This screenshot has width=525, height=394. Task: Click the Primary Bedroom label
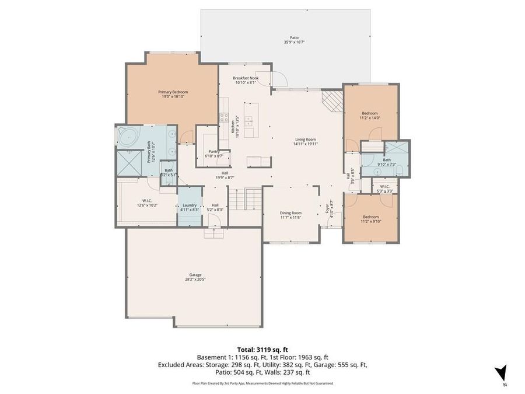point(173,92)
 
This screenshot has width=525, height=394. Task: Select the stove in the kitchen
point(223,118)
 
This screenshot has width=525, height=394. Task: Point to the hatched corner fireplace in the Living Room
point(333,100)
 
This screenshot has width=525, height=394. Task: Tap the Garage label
point(195,275)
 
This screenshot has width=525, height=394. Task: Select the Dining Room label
point(290,213)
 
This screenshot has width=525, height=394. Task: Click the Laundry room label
point(189,205)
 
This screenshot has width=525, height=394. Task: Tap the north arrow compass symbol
point(500,374)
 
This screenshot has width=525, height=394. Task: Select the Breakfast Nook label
point(245,78)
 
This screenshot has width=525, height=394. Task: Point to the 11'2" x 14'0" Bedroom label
point(370,113)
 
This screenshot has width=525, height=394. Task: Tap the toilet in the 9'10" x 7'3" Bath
point(406,169)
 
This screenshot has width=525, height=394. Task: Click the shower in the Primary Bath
point(128,162)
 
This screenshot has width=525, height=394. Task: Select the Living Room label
point(305,140)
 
